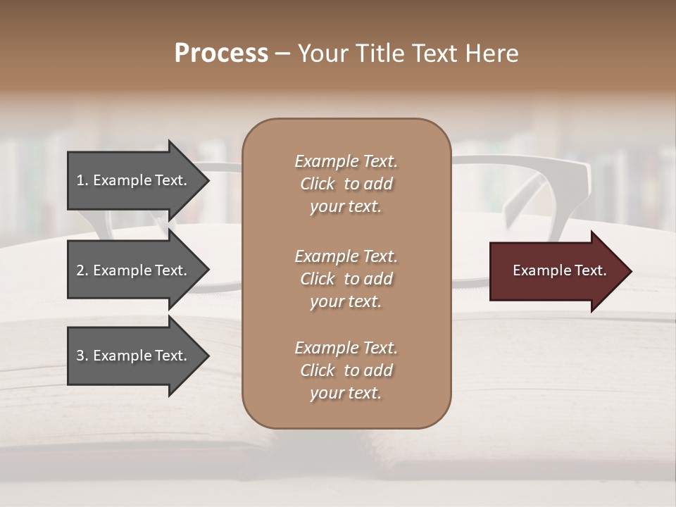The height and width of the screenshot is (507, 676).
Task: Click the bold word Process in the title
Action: [221, 54]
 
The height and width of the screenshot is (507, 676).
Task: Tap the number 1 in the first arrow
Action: [80, 180]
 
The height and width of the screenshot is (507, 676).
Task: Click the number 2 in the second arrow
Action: [80, 270]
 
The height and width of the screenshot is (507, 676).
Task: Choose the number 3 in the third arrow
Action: [80, 356]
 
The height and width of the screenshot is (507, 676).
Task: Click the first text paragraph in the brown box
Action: [346, 184]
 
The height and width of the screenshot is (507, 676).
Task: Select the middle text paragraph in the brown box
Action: [346, 279]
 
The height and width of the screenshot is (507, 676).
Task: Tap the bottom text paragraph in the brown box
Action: [346, 370]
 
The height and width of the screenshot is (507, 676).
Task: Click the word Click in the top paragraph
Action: [318, 184]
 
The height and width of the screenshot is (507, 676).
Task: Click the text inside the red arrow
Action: [560, 271]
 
